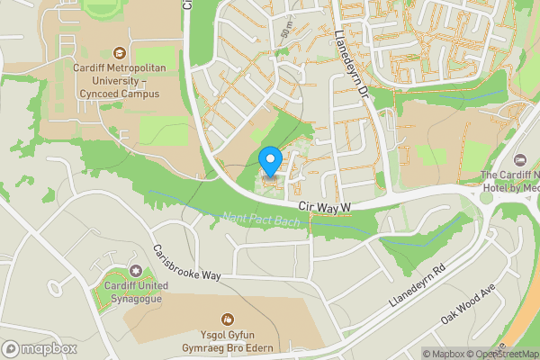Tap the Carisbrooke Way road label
(x=186, y=262)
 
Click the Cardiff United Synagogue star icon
(x=136, y=271)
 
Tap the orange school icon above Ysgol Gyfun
(x=227, y=319)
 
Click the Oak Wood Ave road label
(x=468, y=305)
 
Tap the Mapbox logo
(x=39, y=349)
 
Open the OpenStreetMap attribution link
(x=503, y=354)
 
